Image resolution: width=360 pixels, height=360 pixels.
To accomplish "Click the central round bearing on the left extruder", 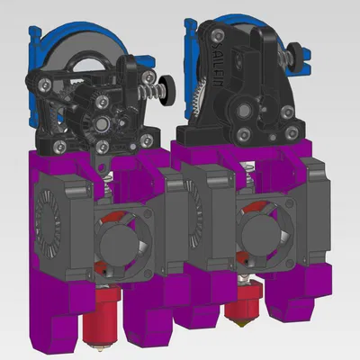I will coord(105,121).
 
